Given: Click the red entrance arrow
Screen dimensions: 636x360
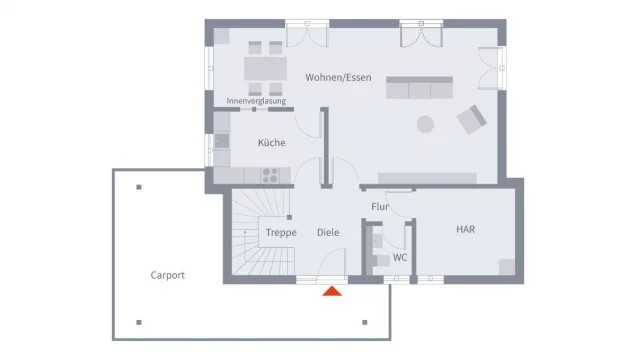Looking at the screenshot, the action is [332, 291].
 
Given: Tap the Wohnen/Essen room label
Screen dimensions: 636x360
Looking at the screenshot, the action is [338, 77].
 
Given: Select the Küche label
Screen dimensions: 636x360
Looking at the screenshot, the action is [271, 142].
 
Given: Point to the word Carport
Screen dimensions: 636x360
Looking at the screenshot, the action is [168, 275].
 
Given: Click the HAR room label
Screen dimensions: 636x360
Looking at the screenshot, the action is [465, 229].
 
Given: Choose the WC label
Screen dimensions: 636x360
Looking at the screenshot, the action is [400, 257].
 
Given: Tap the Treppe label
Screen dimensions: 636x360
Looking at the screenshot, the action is [281, 233].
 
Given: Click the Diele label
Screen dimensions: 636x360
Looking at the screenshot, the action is [328, 232].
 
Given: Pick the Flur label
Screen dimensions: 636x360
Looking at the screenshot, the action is [380, 207].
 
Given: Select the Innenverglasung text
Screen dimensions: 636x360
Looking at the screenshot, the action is [256, 101].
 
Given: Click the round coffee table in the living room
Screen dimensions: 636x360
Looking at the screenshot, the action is [425, 124].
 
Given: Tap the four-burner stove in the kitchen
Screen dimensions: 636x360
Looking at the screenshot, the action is [270, 176].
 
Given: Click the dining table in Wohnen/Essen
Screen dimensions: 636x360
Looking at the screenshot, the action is [265, 69].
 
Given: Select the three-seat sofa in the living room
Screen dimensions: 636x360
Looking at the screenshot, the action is [419, 88].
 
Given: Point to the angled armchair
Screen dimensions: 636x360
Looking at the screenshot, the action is [472, 120].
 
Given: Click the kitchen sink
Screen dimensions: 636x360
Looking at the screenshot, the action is [221, 141].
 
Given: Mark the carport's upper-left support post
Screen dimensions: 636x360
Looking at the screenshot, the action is [139, 187].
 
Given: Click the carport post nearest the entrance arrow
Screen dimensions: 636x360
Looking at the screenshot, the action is [365, 322].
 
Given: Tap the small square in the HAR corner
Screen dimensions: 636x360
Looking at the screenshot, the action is [507, 267].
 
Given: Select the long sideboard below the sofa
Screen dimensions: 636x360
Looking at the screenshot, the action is [427, 178].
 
